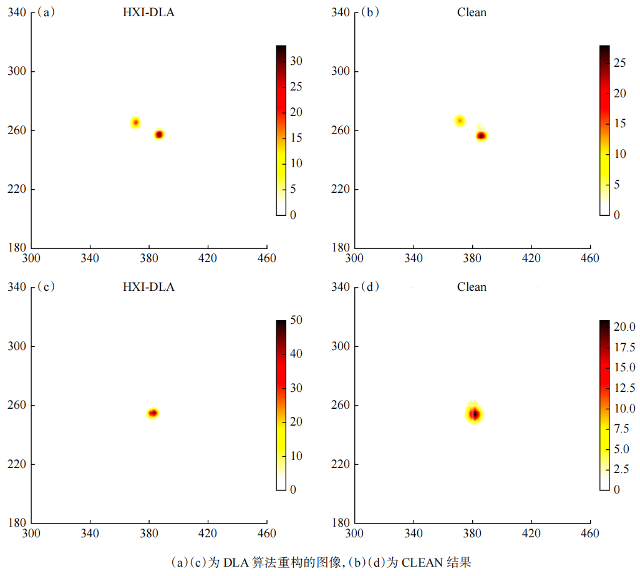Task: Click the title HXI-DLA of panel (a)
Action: [x=148, y=12]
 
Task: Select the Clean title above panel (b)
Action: [x=472, y=12]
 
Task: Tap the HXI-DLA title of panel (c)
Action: [x=148, y=287]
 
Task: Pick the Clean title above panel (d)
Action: [x=472, y=287]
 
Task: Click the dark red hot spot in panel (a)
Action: [x=159, y=134]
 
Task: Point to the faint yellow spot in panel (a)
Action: [x=135, y=122]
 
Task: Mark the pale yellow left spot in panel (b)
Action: [x=460, y=120]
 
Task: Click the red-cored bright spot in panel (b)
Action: [x=481, y=135]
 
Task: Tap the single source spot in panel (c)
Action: [x=153, y=412]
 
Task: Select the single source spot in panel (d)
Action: [x=474, y=414]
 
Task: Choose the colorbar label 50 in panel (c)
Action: [x=298, y=320]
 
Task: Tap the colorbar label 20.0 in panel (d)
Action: [x=624, y=326]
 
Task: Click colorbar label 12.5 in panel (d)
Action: [x=624, y=388]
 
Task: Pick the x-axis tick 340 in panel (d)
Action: [x=413, y=534]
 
